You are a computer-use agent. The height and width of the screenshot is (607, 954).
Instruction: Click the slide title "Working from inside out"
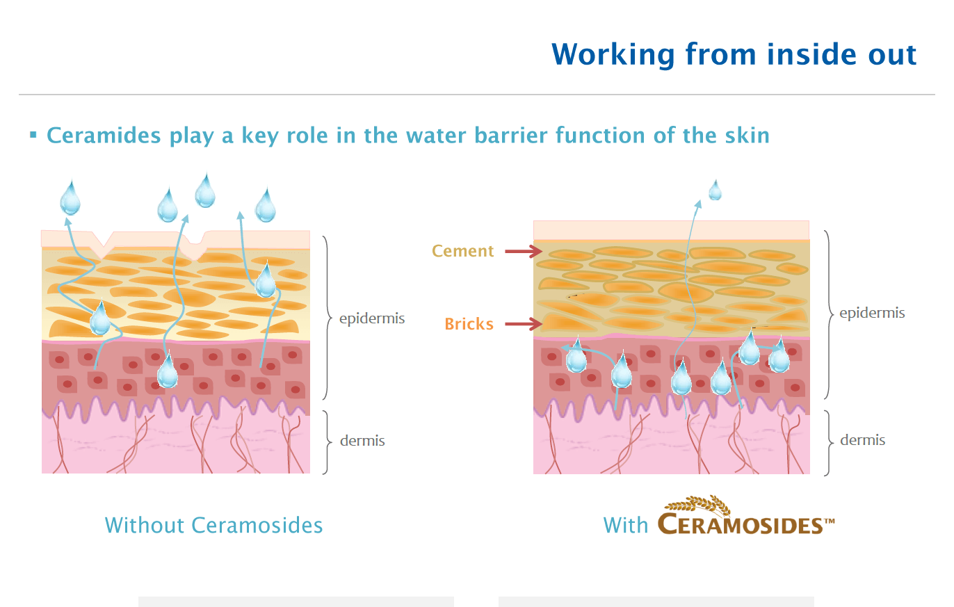[x=734, y=54]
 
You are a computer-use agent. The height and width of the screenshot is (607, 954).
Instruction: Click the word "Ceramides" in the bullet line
[x=104, y=136]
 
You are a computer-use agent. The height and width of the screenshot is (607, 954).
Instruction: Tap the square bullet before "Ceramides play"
[x=33, y=135]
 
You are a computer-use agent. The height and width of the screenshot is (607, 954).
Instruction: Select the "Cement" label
[x=462, y=251]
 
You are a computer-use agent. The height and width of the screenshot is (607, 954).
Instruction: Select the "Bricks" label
[x=469, y=324]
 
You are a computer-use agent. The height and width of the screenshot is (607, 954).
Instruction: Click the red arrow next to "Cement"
[x=524, y=251]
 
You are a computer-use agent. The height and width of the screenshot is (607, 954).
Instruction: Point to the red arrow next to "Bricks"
[x=524, y=324]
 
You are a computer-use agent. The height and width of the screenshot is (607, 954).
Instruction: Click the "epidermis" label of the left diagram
[x=372, y=318]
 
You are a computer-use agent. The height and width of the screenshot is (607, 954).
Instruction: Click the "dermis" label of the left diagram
[x=362, y=440]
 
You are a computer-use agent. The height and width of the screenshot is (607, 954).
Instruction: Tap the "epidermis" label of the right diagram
[x=872, y=313]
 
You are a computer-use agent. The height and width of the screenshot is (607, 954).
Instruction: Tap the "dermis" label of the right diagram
[x=862, y=439]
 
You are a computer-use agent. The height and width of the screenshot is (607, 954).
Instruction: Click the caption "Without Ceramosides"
[x=213, y=525]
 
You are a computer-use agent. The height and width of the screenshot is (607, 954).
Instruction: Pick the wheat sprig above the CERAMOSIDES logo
[x=698, y=503]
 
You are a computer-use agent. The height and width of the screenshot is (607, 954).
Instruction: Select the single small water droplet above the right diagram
[x=715, y=190]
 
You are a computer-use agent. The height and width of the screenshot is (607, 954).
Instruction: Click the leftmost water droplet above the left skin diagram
[x=70, y=197]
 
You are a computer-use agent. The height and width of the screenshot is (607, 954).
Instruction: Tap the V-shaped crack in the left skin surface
[x=103, y=245]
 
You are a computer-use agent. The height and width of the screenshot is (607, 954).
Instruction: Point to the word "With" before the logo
[x=626, y=525]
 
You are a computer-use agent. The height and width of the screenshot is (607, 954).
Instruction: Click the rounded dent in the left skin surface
[x=194, y=246]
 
